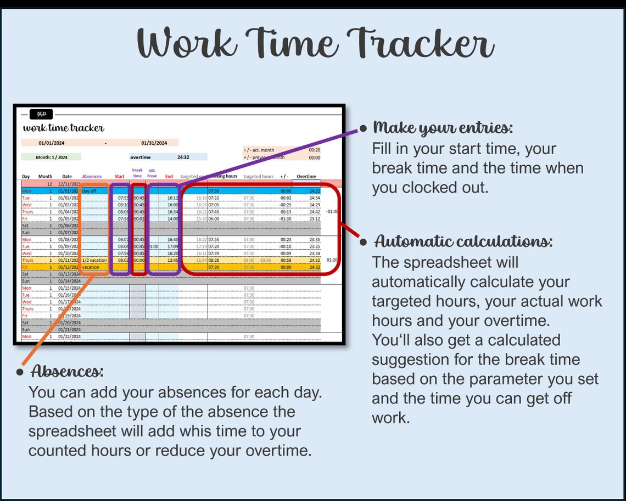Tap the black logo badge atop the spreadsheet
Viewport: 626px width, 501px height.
coord(41,114)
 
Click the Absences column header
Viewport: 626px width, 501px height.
coord(92,177)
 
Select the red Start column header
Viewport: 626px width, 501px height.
coord(119,177)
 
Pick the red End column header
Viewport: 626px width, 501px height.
coord(169,177)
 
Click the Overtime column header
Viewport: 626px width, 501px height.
coord(306,177)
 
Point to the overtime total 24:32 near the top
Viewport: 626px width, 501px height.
coord(183,157)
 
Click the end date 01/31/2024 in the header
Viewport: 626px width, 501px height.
coord(154,143)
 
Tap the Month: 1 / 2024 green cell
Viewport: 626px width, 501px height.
coord(52,157)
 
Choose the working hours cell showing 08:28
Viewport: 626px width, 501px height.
coord(214,260)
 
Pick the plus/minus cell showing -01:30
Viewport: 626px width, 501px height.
coord(286,218)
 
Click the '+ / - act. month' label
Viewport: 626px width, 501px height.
coord(259,150)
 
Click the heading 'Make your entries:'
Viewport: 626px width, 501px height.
coord(443,128)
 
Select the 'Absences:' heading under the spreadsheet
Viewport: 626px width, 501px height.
coord(67,371)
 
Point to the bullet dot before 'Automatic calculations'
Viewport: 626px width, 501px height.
coord(363,242)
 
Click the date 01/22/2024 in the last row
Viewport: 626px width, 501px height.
coord(70,336)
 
